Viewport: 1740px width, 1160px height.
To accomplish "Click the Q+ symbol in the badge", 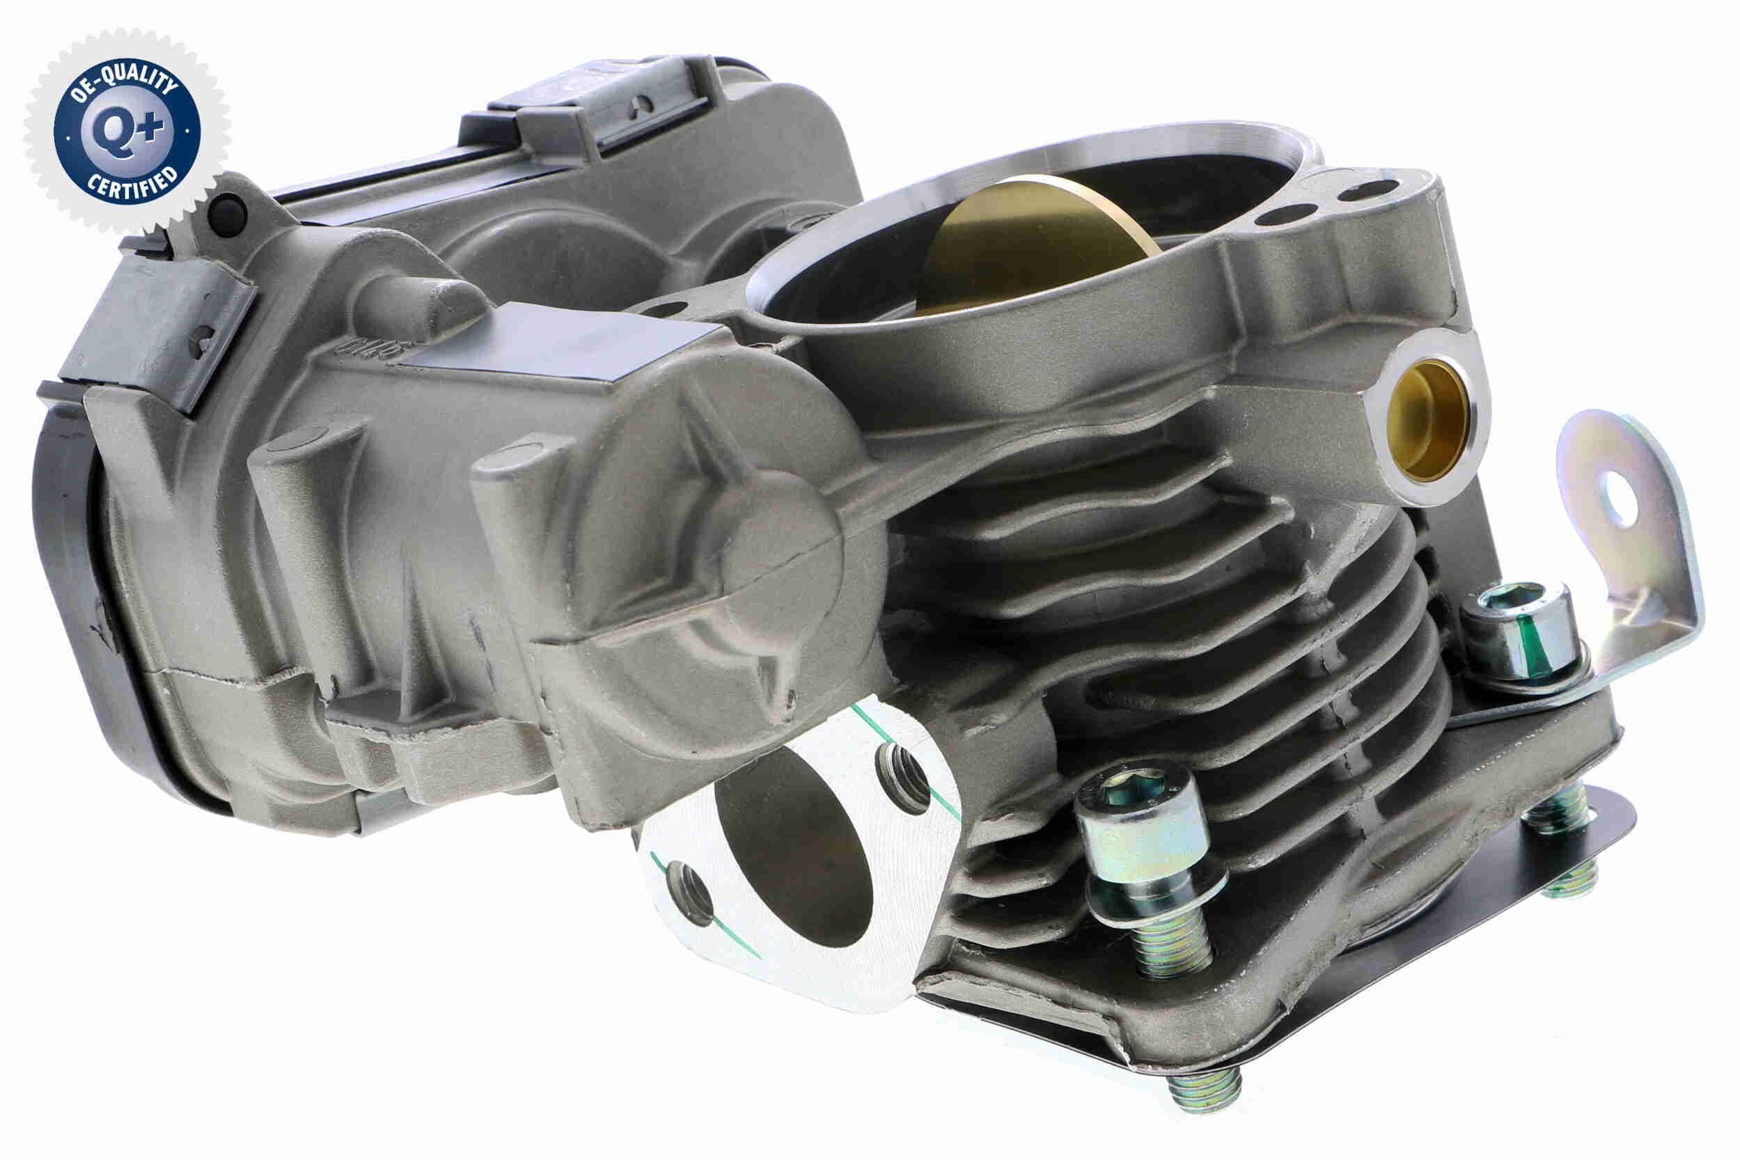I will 127,131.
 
